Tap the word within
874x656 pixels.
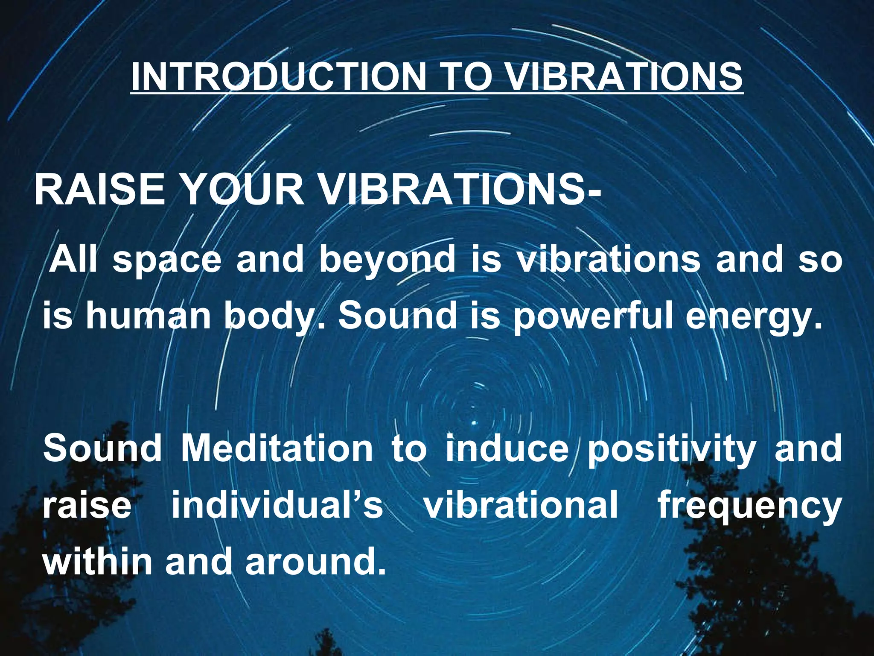pos(97,561)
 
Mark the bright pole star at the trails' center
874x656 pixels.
pos(474,423)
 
